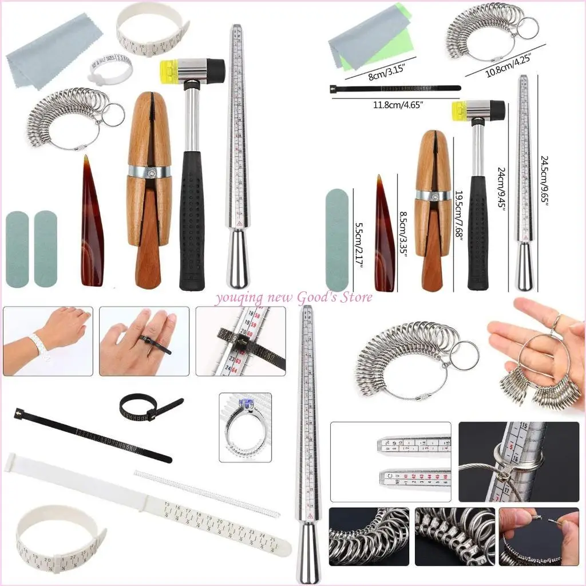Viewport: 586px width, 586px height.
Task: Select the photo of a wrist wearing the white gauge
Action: tap(47, 341)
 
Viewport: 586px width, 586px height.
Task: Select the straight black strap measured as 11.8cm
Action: tap(395, 89)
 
